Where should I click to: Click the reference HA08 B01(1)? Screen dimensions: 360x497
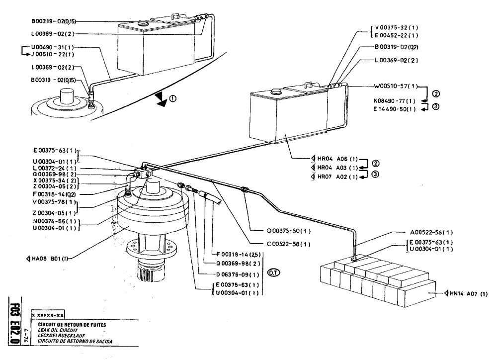tap(48, 258)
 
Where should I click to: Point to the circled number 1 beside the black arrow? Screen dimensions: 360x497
tap(172, 98)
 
